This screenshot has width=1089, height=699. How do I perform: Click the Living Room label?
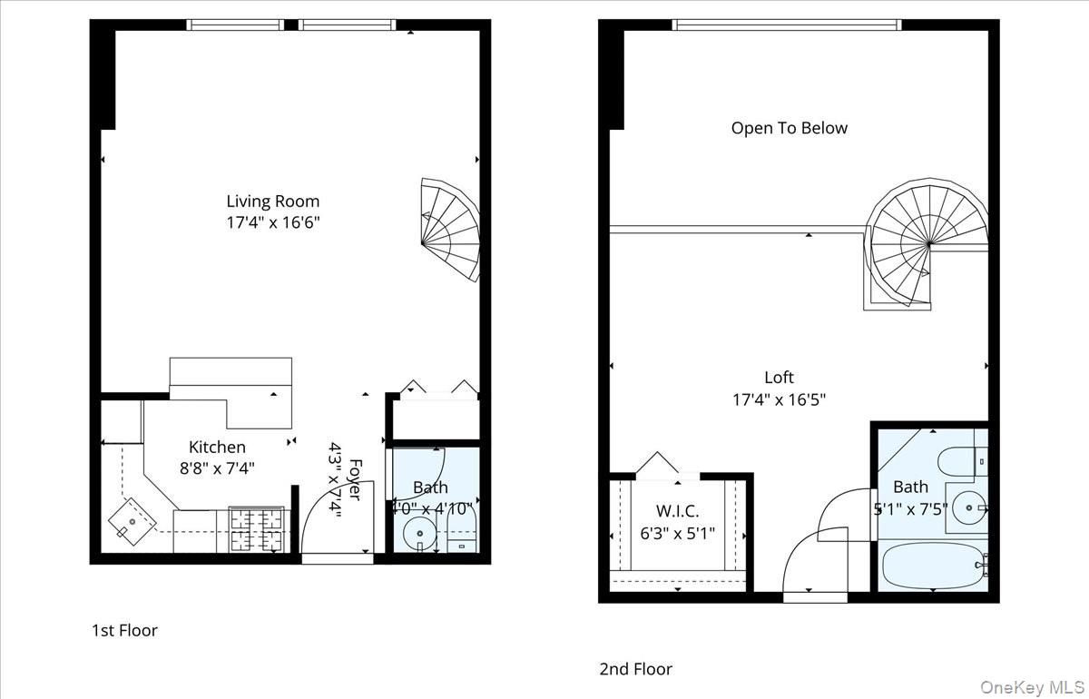coord(273,201)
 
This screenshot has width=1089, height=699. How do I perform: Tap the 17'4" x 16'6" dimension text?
coord(273,222)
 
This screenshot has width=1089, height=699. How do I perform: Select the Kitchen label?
coord(217,447)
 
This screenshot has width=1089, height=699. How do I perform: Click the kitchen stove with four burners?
coord(257,529)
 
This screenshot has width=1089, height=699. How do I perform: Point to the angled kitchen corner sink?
coord(132,522)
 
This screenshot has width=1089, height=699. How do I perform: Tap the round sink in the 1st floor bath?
coord(419,534)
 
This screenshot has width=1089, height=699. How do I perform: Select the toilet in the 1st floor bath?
coord(461,533)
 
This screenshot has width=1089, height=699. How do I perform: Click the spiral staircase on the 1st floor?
coord(451,230)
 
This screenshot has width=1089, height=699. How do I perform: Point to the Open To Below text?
coord(789,128)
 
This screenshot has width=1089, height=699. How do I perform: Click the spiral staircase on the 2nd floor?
coord(927,244)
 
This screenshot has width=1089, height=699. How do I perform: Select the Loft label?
coord(779,378)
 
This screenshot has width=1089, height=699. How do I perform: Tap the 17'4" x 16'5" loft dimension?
coord(779,399)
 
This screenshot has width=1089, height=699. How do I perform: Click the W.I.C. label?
coord(677,511)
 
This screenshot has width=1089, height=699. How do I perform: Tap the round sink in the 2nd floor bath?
coord(968,507)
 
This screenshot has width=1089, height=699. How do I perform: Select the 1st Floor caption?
coord(124,630)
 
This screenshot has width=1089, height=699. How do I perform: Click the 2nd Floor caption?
coord(635,669)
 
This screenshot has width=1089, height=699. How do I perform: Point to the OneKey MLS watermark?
coord(1032,687)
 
